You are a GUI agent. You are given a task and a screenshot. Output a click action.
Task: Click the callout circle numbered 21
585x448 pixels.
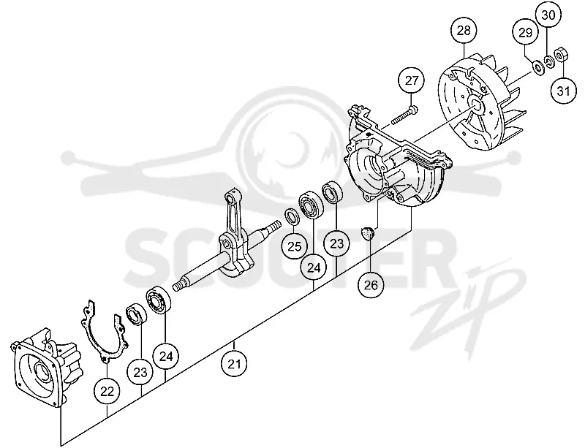coord(234,364)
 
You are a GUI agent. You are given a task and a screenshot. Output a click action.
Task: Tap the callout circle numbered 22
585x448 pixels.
coord(107,391)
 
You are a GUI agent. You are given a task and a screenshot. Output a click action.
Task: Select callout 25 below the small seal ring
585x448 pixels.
coord(295,246)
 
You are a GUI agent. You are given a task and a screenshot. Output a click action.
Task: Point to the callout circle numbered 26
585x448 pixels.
coord(371,285)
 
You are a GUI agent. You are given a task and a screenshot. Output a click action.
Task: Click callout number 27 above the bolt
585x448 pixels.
coord(412,81)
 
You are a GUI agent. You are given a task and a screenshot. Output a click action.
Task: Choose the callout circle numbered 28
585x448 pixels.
coord(464,31)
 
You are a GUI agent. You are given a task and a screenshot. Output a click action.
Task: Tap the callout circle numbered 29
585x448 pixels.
coord(525,32)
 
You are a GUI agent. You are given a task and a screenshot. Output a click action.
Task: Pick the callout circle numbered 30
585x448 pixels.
coord(548,15)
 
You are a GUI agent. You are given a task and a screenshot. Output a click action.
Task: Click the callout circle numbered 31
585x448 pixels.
coord(564,91)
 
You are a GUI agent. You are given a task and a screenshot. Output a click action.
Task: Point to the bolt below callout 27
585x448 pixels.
coord(404,115)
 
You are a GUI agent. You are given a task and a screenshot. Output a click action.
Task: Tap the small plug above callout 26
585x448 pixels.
coord(369,234)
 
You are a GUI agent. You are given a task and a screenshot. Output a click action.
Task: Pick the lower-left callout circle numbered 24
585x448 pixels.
coord(166,356)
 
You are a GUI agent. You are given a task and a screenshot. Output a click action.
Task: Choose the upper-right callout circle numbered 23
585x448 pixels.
coord(336,243)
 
